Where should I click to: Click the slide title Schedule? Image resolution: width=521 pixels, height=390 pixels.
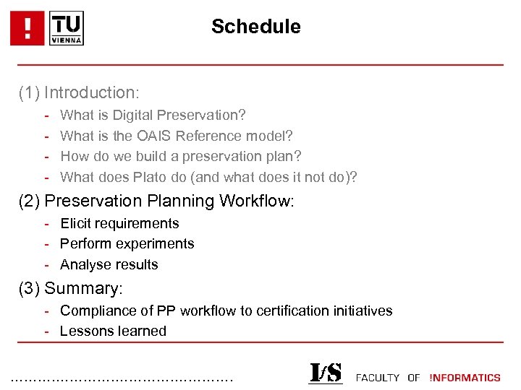coord(255,27)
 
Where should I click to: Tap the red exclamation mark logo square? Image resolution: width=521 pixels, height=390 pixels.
coord(27,28)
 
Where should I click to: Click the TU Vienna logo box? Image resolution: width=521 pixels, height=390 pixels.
coord(67,28)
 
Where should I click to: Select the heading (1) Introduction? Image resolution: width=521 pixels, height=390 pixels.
coord(79,92)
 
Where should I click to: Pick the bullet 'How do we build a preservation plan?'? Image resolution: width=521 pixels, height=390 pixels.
coord(180,156)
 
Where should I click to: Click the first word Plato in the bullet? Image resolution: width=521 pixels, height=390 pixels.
coord(149,177)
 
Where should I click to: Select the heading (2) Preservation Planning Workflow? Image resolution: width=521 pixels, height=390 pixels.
coord(156,201)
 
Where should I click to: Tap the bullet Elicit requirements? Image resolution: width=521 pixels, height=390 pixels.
coord(119,223)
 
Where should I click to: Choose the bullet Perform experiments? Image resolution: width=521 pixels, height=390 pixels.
coord(127,243)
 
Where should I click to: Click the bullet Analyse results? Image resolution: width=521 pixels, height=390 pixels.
coord(109,264)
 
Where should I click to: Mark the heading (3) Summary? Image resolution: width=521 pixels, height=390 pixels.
coord(71,288)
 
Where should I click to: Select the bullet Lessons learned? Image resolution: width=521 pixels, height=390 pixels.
coord(113,331)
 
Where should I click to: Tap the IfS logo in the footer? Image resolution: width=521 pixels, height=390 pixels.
coord(325,373)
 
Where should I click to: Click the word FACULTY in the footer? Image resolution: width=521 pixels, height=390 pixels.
coord(377,377)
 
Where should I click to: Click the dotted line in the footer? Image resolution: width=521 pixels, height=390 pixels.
coord(123,378)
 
